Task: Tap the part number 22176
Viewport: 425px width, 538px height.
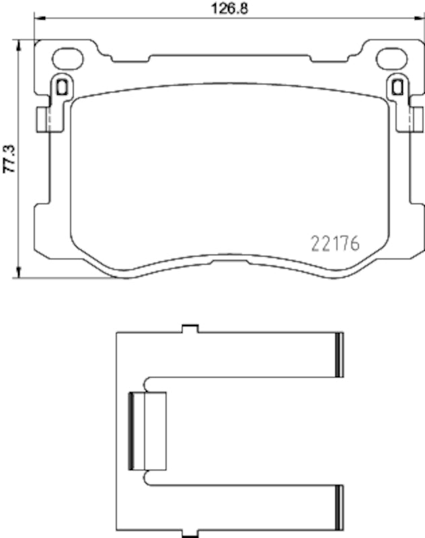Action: click(336, 243)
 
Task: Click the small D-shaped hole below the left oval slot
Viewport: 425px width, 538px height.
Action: click(61, 86)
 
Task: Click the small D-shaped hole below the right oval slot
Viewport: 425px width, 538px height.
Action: click(397, 86)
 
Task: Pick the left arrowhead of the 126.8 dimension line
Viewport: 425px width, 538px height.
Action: click(38, 19)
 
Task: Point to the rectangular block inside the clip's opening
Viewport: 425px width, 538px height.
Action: click(147, 430)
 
